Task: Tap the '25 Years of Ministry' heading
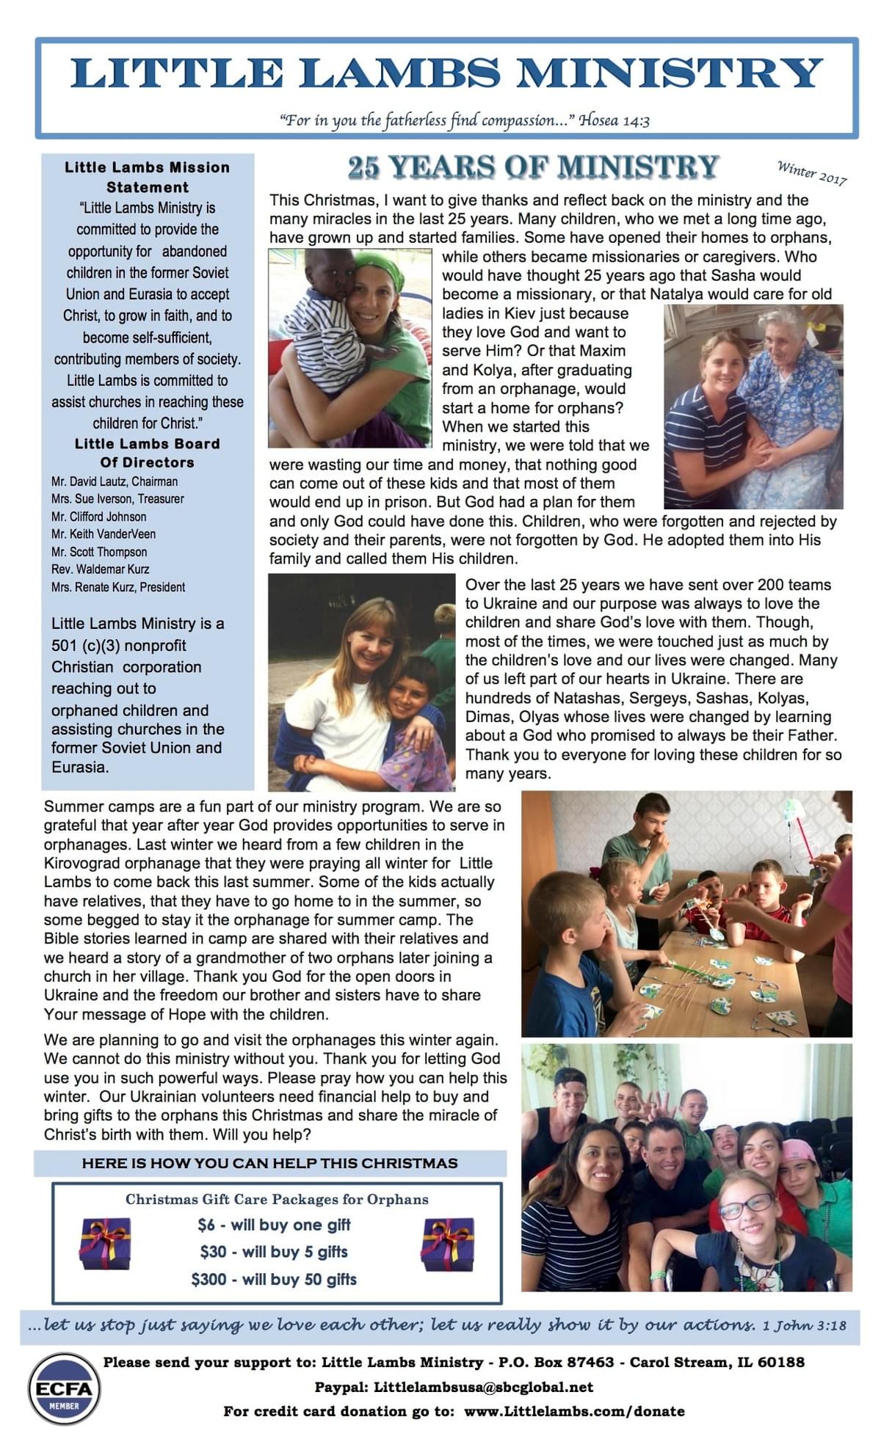(x=533, y=167)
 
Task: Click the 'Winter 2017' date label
(x=812, y=172)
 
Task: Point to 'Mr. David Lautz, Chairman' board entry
(x=115, y=481)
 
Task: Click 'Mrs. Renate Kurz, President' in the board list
(x=118, y=587)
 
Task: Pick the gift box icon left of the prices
(x=105, y=1243)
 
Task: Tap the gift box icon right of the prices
(x=447, y=1244)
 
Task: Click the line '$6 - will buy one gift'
(x=274, y=1225)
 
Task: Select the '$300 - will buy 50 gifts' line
(x=274, y=1279)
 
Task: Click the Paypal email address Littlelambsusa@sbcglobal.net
(x=483, y=1387)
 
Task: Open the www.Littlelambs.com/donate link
(x=574, y=1411)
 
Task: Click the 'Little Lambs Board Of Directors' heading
(x=148, y=453)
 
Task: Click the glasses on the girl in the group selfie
(x=745, y=1205)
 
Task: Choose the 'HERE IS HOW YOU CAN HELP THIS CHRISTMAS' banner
(x=269, y=1163)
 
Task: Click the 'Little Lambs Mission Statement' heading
(x=148, y=177)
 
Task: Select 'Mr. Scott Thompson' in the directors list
(x=99, y=552)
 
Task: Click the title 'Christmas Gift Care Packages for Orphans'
(x=277, y=1199)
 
